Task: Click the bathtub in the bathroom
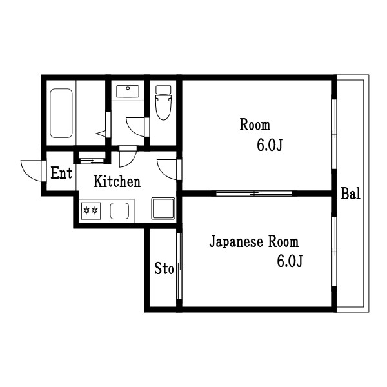[62, 114]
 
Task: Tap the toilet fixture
[163, 103]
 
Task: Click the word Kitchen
[117, 182]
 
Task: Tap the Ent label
[61, 173]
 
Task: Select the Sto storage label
[164, 269]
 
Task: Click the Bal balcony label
[351, 193]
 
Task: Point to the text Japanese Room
[254, 243]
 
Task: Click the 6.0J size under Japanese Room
[290, 261]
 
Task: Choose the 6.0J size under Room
[270, 146]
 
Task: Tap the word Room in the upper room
[255, 125]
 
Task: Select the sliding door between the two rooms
[254, 193]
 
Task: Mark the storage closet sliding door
[179, 268]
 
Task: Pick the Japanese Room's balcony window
[333, 252]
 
